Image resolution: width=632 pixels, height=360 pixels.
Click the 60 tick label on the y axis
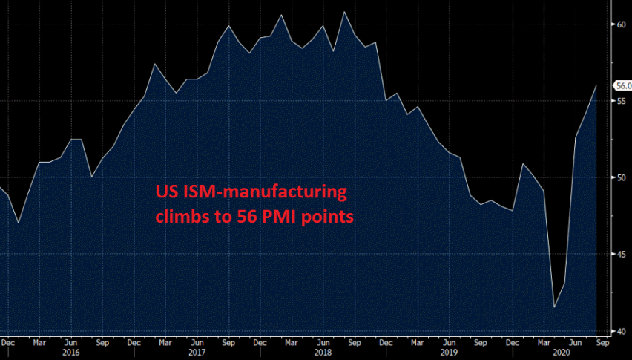(x=622, y=24)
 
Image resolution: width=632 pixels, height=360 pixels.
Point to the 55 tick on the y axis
(x=622, y=101)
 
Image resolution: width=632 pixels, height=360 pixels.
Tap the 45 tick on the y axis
(x=622, y=255)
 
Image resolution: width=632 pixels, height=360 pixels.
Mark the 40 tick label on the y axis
(x=622, y=331)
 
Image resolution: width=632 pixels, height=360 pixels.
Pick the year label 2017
(x=197, y=353)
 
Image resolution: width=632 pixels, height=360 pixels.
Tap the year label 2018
(x=323, y=353)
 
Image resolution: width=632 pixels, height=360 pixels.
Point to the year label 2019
(x=450, y=353)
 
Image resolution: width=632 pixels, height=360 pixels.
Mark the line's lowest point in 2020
(x=554, y=307)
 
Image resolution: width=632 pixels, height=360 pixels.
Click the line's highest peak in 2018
(x=344, y=12)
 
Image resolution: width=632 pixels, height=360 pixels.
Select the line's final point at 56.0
(x=596, y=86)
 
